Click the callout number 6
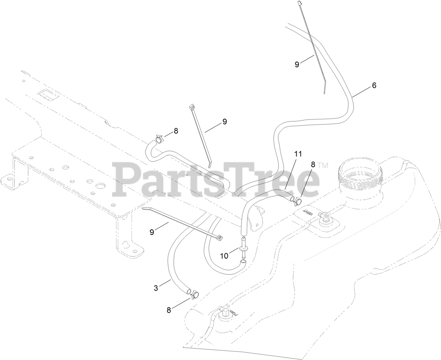pyautogui.click(x=374, y=85)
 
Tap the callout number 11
pyautogui.click(x=298, y=153)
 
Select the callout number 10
pyautogui.click(x=224, y=256)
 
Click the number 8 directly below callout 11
pyautogui.click(x=313, y=164)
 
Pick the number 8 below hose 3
pyautogui.click(x=169, y=310)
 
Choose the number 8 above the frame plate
pyautogui.click(x=176, y=131)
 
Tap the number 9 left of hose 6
pyautogui.click(x=297, y=64)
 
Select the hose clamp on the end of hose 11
pyautogui.click(x=297, y=201)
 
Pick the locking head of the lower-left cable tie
pyautogui.click(x=220, y=238)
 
